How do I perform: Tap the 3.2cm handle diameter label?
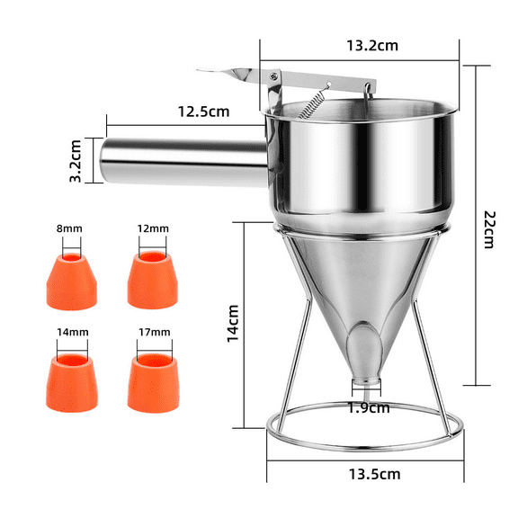tap(77, 158)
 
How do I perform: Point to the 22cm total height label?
tap(488, 228)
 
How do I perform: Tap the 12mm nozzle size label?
tap(154, 228)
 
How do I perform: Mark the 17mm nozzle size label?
tap(154, 332)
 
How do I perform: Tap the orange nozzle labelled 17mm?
tap(153, 376)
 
